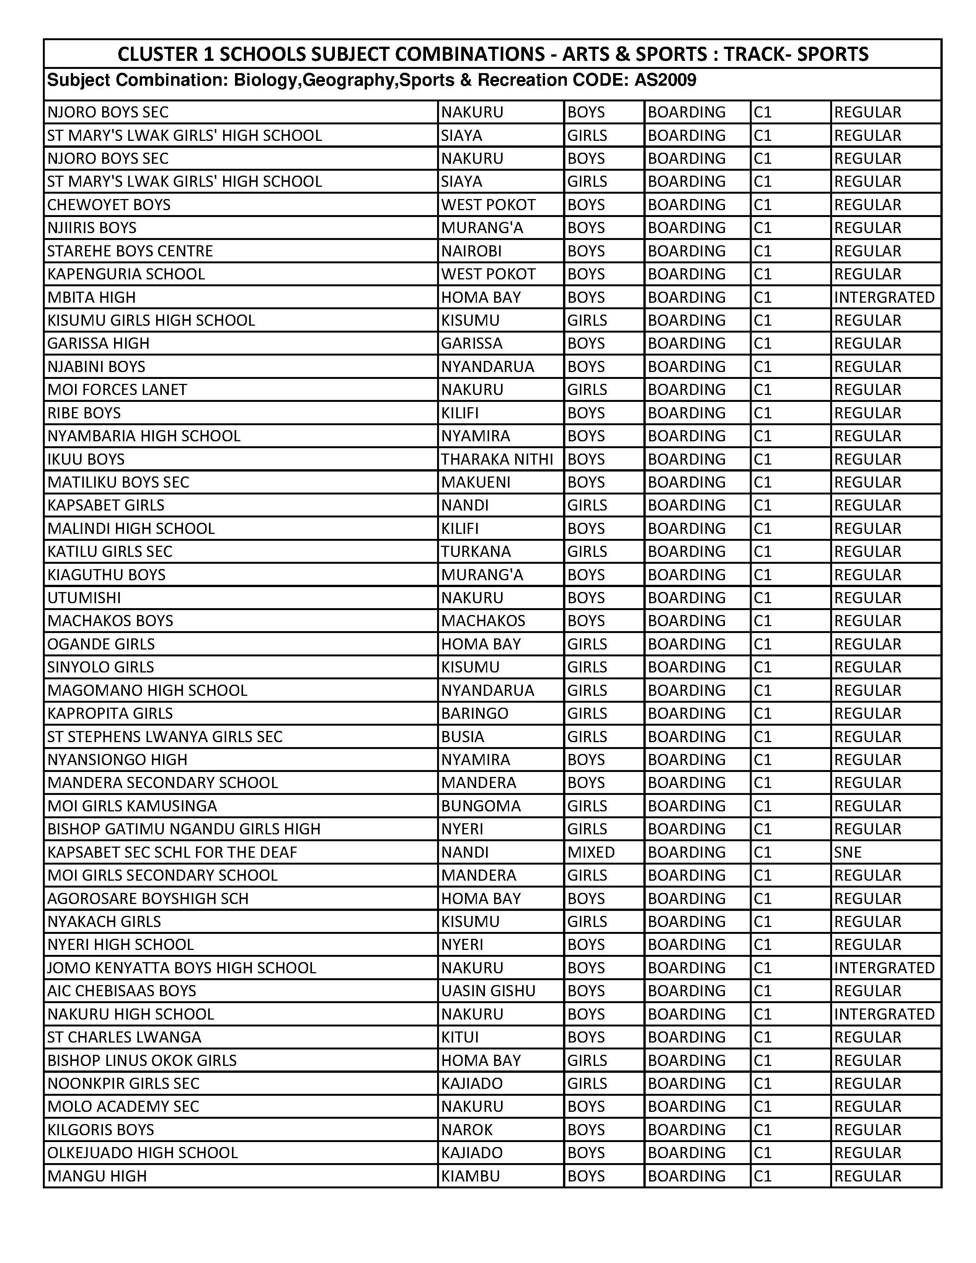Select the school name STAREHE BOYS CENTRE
(130, 251)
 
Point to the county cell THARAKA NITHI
(497, 459)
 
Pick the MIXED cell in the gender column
(591, 852)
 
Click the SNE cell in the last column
(848, 852)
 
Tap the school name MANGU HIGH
(97, 1176)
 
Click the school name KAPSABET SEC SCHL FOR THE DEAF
(172, 852)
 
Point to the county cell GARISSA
(472, 344)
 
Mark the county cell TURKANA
(476, 552)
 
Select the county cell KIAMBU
(470, 1176)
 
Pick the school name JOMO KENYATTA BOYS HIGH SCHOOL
(181, 968)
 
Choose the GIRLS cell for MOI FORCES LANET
(587, 390)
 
